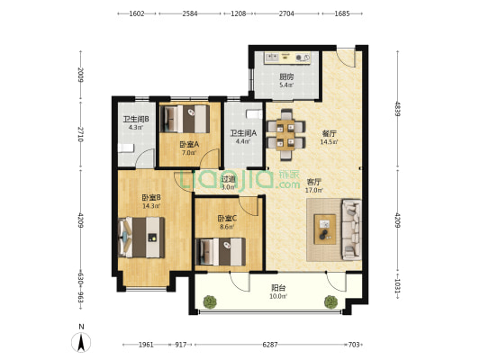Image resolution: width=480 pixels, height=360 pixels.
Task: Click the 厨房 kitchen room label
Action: (286, 76)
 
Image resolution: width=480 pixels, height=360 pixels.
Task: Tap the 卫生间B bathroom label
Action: (136, 119)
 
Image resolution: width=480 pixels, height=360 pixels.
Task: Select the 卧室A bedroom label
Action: (189, 144)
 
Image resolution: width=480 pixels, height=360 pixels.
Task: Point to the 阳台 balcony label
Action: (278, 288)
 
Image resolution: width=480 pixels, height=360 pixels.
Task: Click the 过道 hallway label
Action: (229, 179)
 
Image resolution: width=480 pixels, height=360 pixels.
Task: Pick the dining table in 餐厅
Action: (285, 135)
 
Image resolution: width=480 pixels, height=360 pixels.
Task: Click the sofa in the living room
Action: (352, 229)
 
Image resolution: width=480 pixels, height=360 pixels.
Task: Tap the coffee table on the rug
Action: (325, 229)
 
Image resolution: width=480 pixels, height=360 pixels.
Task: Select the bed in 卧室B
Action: (141, 238)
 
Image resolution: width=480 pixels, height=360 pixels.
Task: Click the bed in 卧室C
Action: (220, 252)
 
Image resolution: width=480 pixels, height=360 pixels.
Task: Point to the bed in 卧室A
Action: (185, 119)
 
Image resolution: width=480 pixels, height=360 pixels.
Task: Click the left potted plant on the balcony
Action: (210, 301)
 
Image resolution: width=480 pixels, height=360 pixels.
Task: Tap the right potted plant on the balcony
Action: (331, 301)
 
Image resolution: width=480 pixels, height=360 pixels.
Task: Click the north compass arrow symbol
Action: (81, 343)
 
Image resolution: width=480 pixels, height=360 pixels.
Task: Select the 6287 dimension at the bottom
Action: (270, 345)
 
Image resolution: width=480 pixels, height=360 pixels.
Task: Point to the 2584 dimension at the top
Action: (190, 13)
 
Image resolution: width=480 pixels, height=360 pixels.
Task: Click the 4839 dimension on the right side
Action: (397, 109)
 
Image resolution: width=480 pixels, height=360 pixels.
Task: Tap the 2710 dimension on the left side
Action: (80, 134)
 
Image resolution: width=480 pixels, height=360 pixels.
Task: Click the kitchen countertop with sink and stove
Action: (288, 58)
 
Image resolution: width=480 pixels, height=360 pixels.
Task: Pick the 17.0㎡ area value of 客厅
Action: (314, 190)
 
